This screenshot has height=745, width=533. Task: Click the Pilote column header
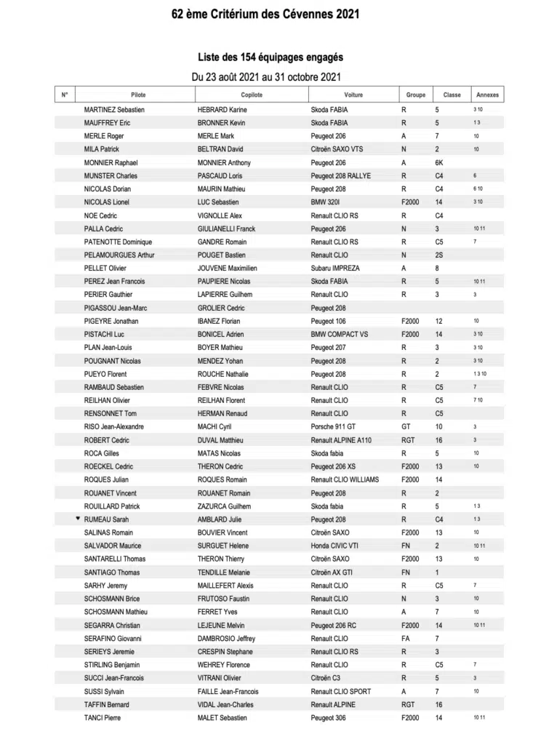coord(138,95)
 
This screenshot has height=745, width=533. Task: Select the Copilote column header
coord(252,95)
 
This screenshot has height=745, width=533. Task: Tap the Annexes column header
coord(487,95)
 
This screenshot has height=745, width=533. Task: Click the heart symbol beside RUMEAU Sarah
coord(78,519)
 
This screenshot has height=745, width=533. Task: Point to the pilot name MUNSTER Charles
coord(111,176)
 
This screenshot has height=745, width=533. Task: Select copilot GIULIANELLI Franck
coord(226,228)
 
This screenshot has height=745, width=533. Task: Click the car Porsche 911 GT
coord(333,426)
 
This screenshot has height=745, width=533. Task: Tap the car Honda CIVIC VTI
coord(335,546)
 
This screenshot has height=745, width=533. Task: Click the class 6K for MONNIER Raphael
coord(438,163)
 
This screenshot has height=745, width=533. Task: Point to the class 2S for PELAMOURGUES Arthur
coord(438,255)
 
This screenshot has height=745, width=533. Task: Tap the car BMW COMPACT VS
coord(339,334)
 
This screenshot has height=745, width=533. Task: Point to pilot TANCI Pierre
coord(103,717)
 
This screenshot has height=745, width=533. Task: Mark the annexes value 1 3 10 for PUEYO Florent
coord(479,374)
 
